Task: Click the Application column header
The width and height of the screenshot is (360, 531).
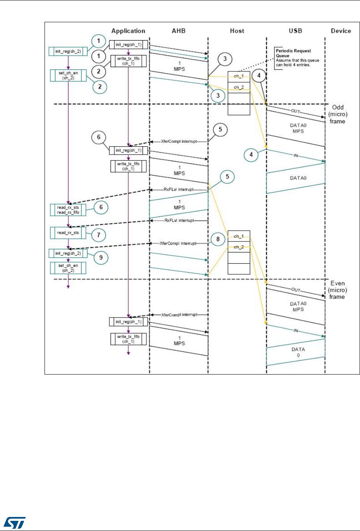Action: point(128,31)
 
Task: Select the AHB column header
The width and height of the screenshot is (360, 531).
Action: point(178,31)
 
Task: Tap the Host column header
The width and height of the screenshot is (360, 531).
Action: point(237,31)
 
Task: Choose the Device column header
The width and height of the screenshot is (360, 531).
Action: point(341,31)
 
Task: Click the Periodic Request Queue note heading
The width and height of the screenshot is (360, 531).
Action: point(293,53)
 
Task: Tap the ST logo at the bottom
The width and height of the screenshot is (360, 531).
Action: point(15,521)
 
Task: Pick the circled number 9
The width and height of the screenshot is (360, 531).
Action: point(101,257)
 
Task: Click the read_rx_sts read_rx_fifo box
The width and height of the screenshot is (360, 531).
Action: point(68,210)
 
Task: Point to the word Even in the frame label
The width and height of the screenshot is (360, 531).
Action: point(337,284)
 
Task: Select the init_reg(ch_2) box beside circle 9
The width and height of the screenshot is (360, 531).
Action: point(68,254)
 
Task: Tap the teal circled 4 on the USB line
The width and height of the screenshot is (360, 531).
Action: point(251,155)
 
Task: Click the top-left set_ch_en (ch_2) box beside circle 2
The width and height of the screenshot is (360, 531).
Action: point(68,75)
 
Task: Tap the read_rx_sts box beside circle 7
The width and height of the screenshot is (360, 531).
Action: point(68,233)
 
